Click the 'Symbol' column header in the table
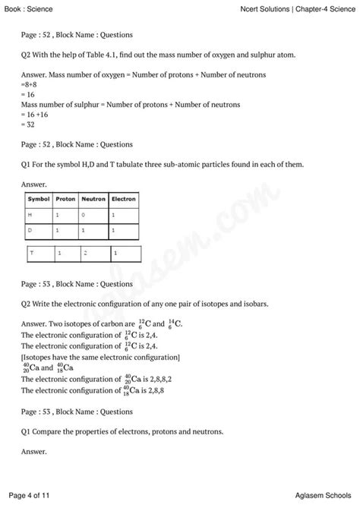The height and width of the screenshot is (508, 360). click(38, 199)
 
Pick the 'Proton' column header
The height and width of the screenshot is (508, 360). click(65, 199)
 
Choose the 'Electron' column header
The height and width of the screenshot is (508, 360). click(123, 199)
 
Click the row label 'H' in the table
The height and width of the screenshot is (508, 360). click(30, 215)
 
